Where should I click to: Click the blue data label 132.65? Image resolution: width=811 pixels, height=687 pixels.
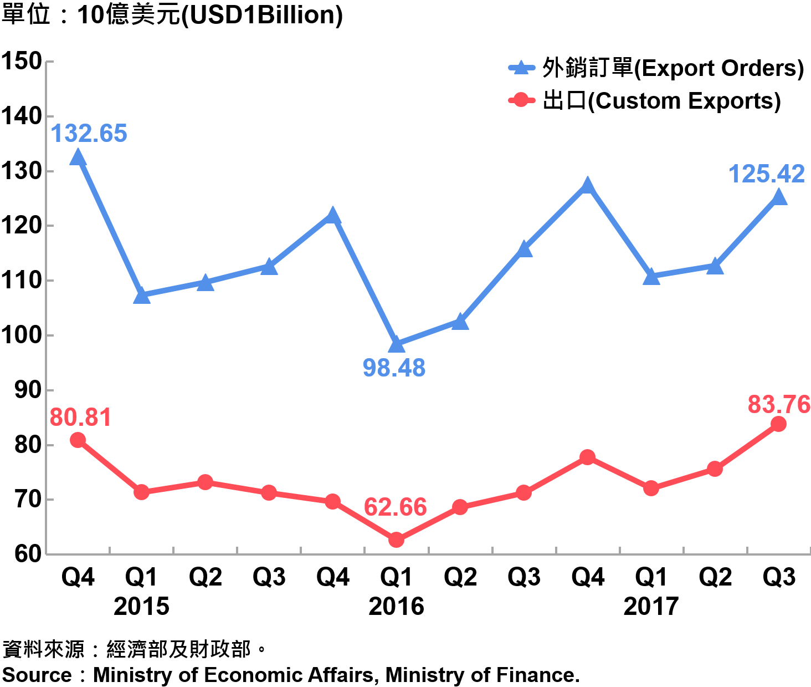pyautogui.click(x=89, y=134)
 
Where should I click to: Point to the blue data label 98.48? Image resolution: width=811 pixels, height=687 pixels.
pyautogui.click(x=394, y=368)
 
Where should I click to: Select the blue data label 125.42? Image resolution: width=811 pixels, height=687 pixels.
pyautogui.click(x=766, y=174)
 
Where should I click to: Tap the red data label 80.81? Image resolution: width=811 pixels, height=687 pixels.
pyautogui.click(x=80, y=418)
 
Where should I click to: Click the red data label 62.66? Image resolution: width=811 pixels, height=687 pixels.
pyautogui.click(x=395, y=507)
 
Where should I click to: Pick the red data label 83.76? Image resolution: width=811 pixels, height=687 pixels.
pyautogui.click(x=779, y=405)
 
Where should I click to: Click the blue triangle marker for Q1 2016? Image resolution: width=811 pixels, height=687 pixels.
pyautogui.click(x=396, y=344)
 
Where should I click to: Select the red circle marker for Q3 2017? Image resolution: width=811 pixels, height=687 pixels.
pyautogui.click(x=778, y=424)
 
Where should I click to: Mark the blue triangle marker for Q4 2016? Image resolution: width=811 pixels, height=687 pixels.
pyautogui.click(x=588, y=185)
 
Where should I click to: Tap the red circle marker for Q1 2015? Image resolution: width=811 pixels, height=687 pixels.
pyautogui.click(x=141, y=492)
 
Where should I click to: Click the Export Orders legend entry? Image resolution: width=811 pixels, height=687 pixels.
pyautogui.click(x=656, y=68)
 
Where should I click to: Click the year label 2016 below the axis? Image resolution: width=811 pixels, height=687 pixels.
pyautogui.click(x=396, y=607)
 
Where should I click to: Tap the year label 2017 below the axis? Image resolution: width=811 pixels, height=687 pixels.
pyautogui.click(x=651, y=607)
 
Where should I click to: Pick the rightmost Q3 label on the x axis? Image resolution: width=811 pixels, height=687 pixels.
pyautogui.click(x=778, y=577)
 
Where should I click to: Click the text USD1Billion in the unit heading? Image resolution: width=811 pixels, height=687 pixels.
pyautogui.click(x=263, y=15)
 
